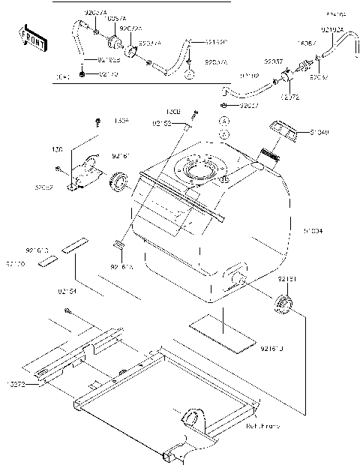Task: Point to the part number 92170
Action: (109, 75)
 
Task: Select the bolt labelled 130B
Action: (194, 114)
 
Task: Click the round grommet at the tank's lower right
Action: (283, 304)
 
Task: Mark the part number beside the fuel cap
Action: (318, 133)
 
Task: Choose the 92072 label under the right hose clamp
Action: (292, 97)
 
